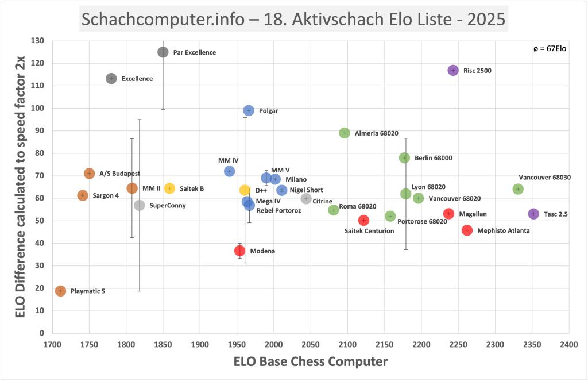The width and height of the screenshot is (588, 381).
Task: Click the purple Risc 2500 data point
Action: coord(453,70)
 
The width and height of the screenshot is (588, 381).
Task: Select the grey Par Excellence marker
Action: coord(163,52)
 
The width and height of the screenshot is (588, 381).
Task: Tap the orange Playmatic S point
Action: coord(60,291)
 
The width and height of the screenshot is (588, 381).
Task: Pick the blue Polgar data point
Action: coord(249,110)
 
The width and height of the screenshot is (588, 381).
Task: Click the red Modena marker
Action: coord(240,251)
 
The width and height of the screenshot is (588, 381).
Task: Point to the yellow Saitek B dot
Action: coord(169,188)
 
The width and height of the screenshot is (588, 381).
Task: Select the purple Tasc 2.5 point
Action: coord(533,214)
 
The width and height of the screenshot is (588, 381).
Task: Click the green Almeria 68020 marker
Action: coord(345,133)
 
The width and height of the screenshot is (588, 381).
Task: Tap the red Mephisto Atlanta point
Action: coord(467,230)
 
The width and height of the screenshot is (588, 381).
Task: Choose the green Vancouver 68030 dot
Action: coord(518,189)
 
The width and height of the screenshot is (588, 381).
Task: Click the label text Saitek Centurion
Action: coord(369,231)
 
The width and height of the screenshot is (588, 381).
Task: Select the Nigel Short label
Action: coord(306,190)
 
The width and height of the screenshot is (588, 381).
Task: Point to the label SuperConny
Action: coord(168,206)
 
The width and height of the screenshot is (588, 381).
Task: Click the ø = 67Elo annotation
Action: coord(550,49)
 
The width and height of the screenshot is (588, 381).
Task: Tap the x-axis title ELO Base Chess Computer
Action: coord(310,362)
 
